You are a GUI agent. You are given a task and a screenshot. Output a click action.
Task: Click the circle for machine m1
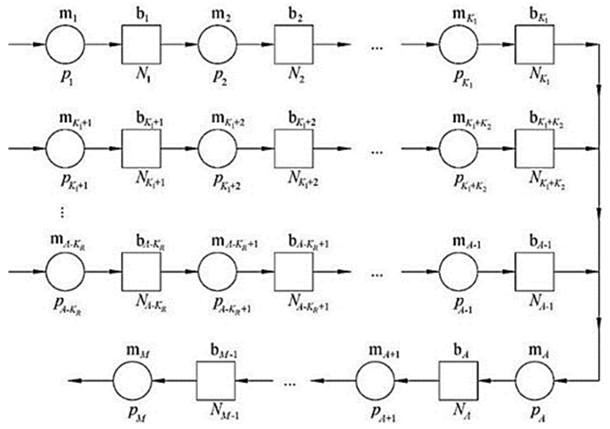tap(65, 44)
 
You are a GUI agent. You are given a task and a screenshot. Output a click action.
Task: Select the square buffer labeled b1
tap(141, 44)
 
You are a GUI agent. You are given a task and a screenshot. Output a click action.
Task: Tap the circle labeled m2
tap(217, 44)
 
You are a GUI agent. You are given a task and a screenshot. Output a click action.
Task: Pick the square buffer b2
tap(293, 44)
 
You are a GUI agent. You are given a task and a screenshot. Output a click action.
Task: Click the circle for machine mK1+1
tap(65, 149)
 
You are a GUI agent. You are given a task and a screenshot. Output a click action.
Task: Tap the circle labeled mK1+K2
tap(459, 149)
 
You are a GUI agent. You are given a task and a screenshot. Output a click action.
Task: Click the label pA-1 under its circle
tap(463, 304)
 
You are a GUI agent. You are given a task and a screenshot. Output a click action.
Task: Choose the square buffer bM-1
tap(216, 381)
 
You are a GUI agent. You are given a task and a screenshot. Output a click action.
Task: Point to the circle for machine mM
tap(132, 381)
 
